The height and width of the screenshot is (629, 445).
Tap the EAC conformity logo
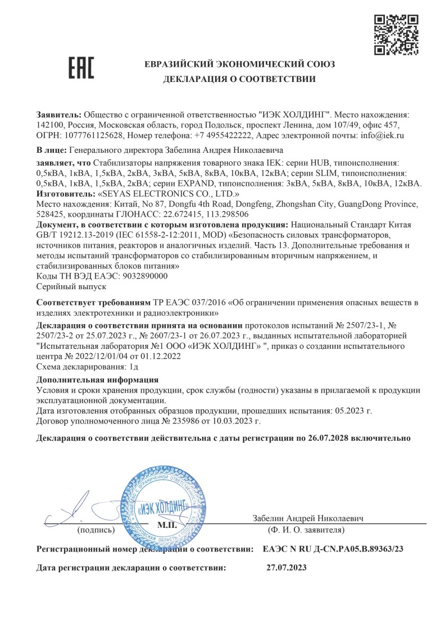click(81, 67)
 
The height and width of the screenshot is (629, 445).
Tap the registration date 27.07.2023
click(286, 568)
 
